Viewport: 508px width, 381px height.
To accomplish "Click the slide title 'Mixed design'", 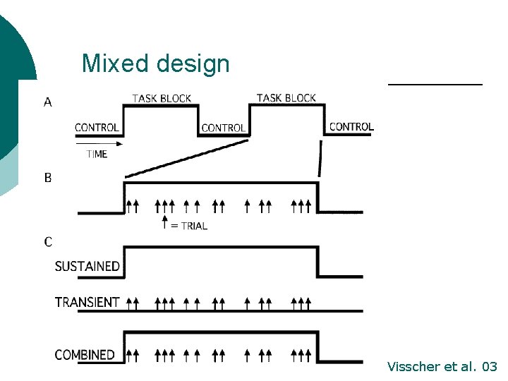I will coord(155,64).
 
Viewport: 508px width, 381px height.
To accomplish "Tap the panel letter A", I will coord(47,102).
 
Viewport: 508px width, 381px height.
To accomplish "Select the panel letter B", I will coord(48,178).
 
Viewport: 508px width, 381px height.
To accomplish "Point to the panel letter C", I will coord(48,242).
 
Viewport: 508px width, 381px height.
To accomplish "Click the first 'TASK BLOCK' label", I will coord(162,98).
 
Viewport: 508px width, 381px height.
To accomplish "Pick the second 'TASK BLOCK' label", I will coord(286,97).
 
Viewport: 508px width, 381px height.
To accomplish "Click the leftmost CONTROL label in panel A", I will coord(97,128).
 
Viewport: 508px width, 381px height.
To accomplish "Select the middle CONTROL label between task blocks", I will coord(223,128).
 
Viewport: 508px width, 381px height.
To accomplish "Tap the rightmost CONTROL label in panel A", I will coord(351,127).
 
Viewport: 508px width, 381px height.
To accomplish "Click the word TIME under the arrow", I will coord(97,154).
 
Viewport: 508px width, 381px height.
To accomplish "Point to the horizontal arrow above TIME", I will coord(99,143).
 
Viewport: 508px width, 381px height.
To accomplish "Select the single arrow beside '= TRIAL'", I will coord(164,223).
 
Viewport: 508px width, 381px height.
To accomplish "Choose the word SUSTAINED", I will coord(87,267).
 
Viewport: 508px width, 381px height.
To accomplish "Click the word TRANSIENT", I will coord(87,302).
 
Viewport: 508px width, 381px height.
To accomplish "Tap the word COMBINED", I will coord(85,354).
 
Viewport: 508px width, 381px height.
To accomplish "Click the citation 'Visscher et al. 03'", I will coord(442,367).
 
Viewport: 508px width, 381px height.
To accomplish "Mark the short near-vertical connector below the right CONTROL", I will coord(321,158).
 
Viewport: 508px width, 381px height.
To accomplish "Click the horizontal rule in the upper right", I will coord(435,84).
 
